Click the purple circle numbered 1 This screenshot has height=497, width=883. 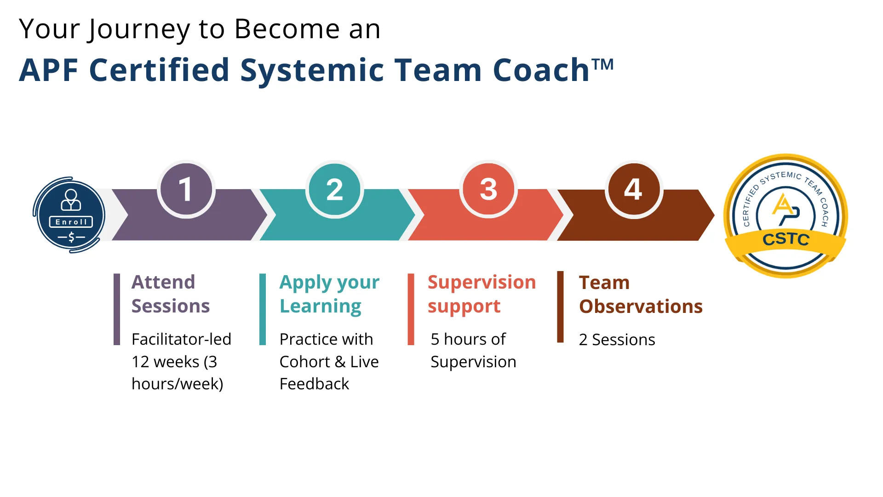point(186,189)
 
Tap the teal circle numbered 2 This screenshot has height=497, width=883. point(334,189)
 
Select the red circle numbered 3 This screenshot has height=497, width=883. point(488,189)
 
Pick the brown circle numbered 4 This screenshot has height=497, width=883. point(633,189)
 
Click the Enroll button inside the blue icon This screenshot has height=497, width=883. point(71,222)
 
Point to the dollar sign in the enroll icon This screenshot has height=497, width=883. point(71,237)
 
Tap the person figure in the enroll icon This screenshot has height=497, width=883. point(71,200)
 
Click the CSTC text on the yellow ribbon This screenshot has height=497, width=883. point(786,239)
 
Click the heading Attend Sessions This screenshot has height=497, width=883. point(170,294)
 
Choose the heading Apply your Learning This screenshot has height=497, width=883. point(329,294)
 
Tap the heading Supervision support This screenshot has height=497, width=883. point(481,294)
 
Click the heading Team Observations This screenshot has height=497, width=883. point(640,295)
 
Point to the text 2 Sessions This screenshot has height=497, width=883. point(617,340)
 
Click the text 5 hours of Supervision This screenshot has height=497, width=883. point(473,350)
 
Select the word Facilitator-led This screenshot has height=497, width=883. point(181,339)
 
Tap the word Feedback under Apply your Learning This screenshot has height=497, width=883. point(314,384)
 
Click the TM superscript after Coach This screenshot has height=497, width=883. point(602,64)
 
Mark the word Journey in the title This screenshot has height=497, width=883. point(138,29)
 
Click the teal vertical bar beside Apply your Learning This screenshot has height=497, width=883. point(263,309)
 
